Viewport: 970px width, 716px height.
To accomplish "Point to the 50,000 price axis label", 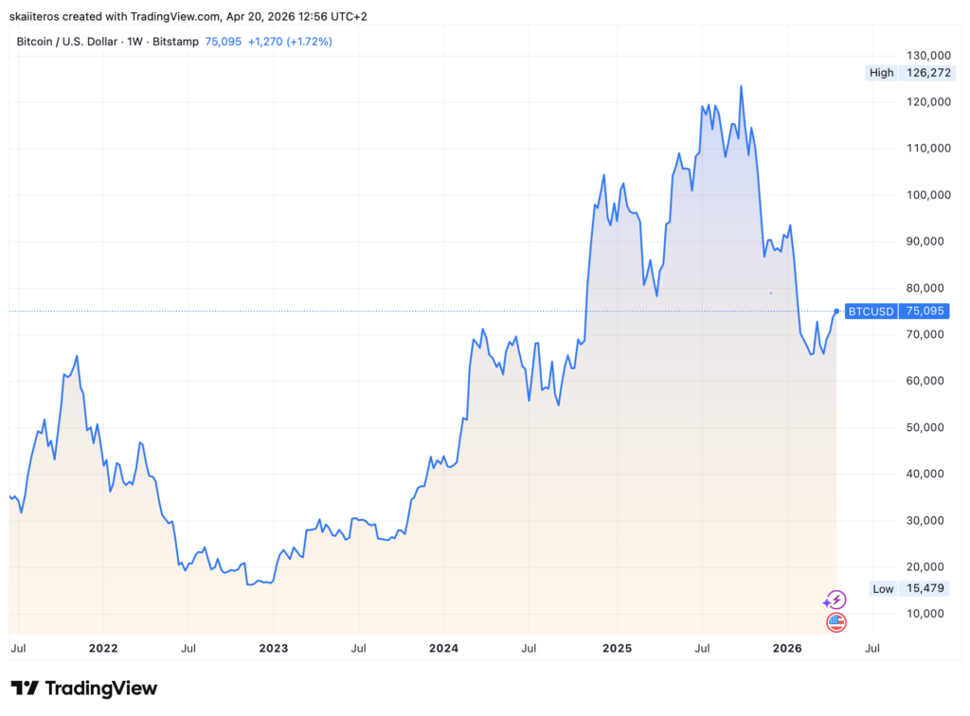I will (926, 427).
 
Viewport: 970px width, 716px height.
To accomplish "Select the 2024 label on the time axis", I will (443, 649).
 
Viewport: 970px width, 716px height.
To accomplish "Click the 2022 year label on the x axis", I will (102, 649).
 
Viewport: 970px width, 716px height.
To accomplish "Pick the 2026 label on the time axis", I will (787, 649).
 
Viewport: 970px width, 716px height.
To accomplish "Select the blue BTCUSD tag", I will (871, 311).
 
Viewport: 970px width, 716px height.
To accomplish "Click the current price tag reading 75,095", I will (926, 311).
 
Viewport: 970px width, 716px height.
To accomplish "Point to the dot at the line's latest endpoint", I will (836, 311).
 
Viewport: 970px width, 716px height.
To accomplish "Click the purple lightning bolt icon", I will (835, 600).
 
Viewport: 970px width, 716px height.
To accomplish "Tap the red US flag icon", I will (835, 622).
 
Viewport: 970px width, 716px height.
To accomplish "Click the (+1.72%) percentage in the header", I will (312, 42).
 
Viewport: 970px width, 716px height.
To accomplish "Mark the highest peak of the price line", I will (741, 86).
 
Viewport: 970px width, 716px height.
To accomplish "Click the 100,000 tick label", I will (924, 195).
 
